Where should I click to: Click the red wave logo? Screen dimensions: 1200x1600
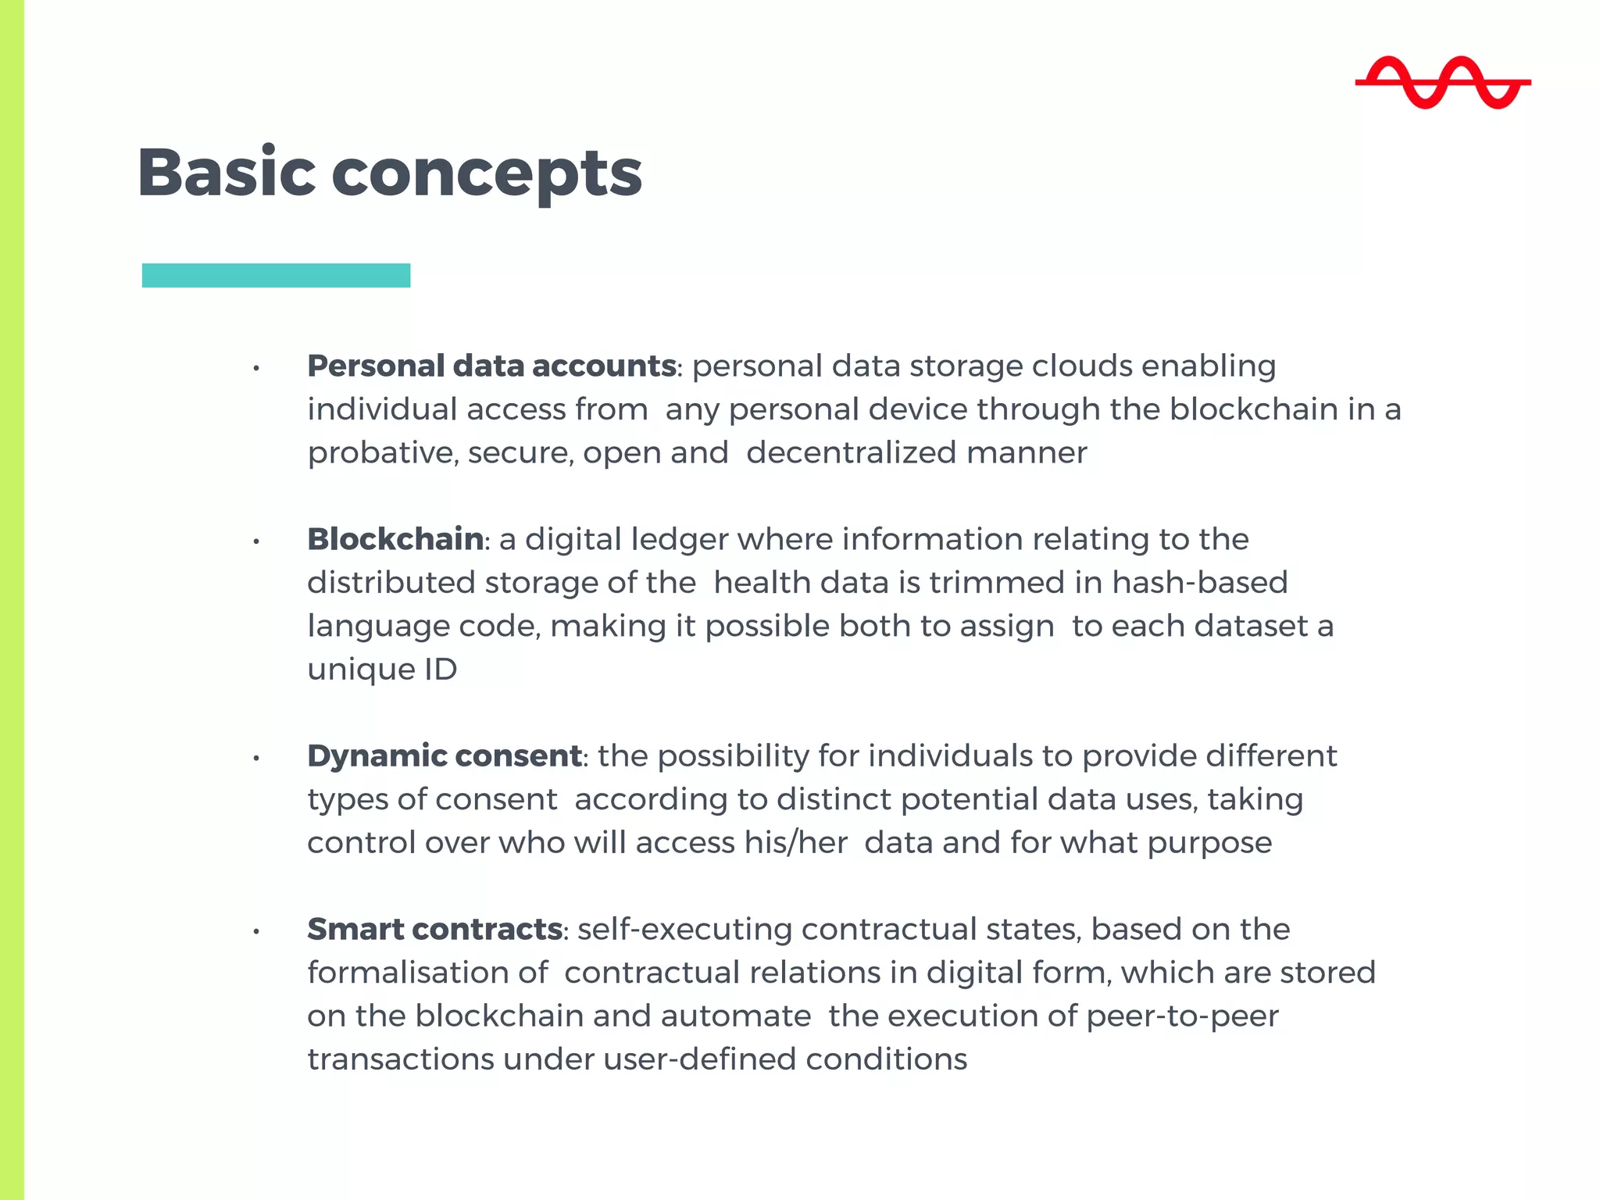pyautogui.click(x=1442, y=82)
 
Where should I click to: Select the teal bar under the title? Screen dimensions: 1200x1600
pyautogui.click(x=276, y=275)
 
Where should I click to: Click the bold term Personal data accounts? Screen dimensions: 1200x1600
pyautogui.click(x=491, y=366)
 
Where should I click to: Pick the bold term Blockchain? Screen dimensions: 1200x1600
pyautogui.click(x=395, y=539)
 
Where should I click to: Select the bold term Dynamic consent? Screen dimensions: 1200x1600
pyautogui.click(x=445, y=755)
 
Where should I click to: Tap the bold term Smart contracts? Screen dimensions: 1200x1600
pyautogui.click(x=434, y=929)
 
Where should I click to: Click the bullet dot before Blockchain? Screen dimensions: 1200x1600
pyautogui.click(x=256, y=541)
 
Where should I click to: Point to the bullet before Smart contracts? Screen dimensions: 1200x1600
pyautogui.click(x=256, y=930)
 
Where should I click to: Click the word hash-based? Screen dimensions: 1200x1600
pyautogui.click(x=1199, y=583)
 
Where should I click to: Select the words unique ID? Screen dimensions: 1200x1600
pyautogui.click(x=382, y=670)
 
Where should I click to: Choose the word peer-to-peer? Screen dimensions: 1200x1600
pyautogui.click(x=1182, y=1016)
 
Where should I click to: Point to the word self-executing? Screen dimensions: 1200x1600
pyautogui.click(x=684, y=929)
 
